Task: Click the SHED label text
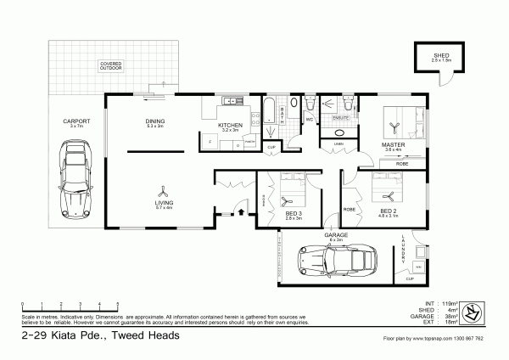pyautogui.click(x=440, y=55)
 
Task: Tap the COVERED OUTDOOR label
pyautogui.click(x=110, y=65)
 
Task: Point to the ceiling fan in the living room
pyautogui.click(x=165, y=192)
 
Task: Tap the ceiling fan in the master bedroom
pyautogui.click(x=394, y=128)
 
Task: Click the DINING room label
pyautogui.click(x=154, y=122)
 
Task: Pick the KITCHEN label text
pyautogui.click(x=231, y=126)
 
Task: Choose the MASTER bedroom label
pyautogui.click(x=393, y=145)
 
